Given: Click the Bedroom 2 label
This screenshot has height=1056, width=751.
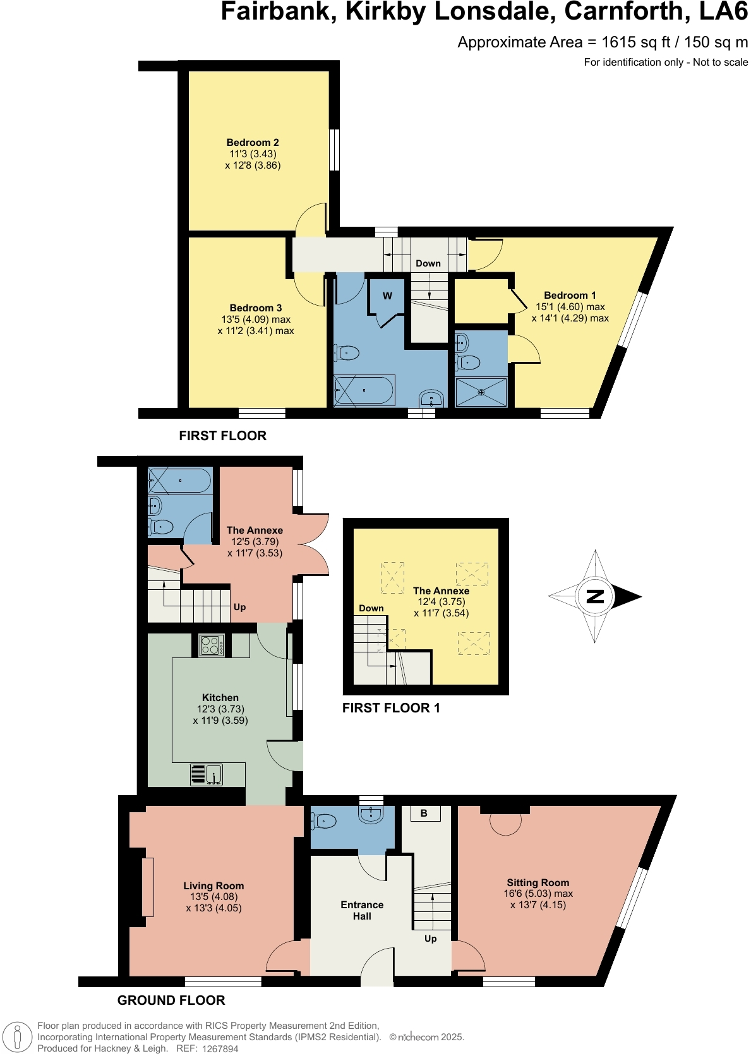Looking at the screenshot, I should click(253, 143).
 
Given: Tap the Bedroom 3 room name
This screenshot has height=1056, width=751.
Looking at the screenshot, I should click(256, 308).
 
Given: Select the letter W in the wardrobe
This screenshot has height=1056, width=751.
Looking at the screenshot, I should click(387, 296).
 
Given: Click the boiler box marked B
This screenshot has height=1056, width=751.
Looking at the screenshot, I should click(424, 813).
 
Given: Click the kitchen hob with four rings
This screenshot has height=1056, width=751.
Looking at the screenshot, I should click(211, 645).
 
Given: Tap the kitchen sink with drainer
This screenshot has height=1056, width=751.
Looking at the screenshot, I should click(207, 774).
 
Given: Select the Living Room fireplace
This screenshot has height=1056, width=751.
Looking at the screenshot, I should click(147, 887).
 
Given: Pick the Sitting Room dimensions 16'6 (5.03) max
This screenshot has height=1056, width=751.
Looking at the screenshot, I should click(538, 894).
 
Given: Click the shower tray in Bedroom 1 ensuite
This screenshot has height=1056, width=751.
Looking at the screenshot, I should click(481, 392).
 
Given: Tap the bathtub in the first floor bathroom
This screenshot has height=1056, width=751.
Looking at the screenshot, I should click(364, 390).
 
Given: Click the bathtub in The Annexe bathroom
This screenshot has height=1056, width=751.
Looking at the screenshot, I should click(179, 481).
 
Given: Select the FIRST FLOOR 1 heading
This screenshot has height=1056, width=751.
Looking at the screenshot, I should click(391, 708).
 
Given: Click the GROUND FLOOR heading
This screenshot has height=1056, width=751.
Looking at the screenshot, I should click(171, 1000).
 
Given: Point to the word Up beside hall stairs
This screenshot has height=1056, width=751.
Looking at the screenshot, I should click(431, 939).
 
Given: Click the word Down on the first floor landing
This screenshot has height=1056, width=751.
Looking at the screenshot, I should click(428, 263).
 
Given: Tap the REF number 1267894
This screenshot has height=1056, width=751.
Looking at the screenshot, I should click(220, 1048).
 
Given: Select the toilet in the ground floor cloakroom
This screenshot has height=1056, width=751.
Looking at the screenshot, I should click(323, 821).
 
